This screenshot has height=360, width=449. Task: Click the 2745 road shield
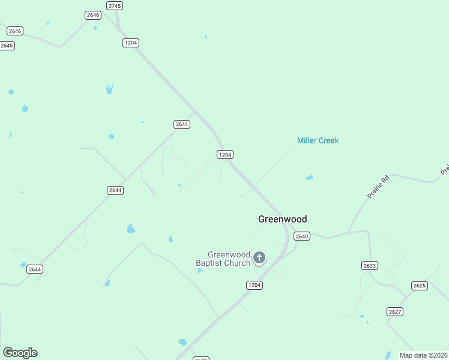pos(115,5)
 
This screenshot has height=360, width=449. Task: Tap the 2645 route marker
pos(7,46)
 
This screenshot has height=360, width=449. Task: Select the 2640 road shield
pos(302,236)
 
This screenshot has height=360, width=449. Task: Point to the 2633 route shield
pos(370,265)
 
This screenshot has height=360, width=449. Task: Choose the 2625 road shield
pos(420,286)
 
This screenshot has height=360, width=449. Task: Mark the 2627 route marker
pos(395,311)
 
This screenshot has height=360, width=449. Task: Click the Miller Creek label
pos(318,140)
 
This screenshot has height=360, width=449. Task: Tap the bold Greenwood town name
pos(282,219)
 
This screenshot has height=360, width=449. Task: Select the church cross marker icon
pos(259,258)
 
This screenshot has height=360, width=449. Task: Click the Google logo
pos(20,353)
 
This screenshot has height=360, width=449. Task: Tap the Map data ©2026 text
pos(424,355)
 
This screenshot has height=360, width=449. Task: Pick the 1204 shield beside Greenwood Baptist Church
pos(255,285)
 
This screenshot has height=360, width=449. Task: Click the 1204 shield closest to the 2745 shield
pos(131,43)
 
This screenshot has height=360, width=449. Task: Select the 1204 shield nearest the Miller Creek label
pos(224,155)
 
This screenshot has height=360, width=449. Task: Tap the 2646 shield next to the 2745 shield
pos(93,15)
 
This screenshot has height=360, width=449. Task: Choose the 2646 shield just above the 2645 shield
pos(15,31)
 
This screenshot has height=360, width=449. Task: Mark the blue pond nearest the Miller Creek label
pos(309,178)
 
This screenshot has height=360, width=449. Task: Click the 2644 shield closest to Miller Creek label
pos(182,124)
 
